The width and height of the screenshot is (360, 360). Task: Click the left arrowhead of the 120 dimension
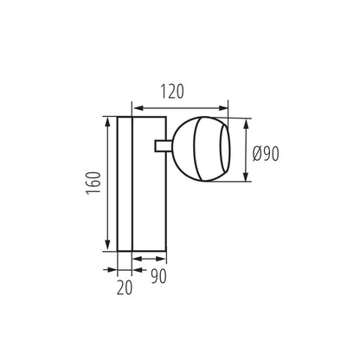(135, 106)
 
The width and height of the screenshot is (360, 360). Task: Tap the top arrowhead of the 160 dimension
(107, 119)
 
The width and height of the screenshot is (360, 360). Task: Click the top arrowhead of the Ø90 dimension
(248, 122)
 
